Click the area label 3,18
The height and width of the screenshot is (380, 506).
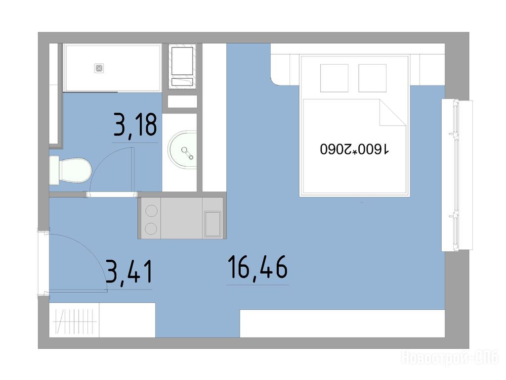pos(135,125)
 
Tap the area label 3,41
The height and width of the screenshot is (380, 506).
pos(129,273)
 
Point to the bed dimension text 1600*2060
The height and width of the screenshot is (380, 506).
pos(355,149)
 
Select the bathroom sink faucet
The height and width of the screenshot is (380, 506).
pos(187,153)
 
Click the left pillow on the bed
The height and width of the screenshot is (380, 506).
pos(334,78)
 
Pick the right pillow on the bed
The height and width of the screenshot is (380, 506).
pos(373,78)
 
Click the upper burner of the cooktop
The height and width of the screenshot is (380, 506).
pos(151,211)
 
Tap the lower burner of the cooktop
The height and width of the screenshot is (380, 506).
pos(151,229)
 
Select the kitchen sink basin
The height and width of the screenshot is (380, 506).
pos(213,224)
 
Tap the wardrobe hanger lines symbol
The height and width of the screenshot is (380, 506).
pos(75,322)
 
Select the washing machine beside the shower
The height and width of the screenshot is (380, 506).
pos(182,66)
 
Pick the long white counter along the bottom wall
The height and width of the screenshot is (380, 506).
pos(342,324)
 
